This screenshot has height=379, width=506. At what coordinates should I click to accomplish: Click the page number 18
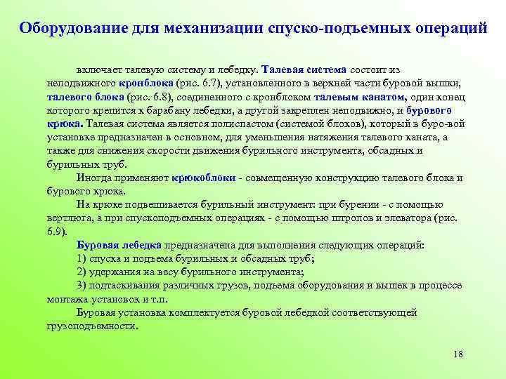[x=458, y=353]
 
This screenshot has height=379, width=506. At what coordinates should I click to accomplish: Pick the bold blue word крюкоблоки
[x=204, y=178]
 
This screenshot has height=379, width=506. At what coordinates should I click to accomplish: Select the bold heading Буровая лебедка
[x=119, y=245]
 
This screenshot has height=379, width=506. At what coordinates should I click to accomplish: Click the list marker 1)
[x=82, y=258]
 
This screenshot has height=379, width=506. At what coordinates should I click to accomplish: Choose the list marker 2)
[x=82, y=272]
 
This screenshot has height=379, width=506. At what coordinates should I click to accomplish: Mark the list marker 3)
[x=82, y=285]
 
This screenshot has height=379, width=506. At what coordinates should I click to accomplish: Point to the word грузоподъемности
[x=91, y=326]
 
